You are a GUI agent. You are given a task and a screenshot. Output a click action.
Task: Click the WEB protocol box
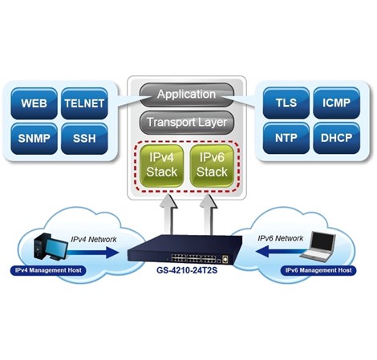click(x=34, y=104)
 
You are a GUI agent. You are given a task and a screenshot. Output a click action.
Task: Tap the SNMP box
click(x=34, y=139)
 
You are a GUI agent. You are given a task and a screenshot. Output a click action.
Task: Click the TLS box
click(x=286, y=104)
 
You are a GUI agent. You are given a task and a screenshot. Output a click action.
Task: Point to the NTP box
click(x=286, y=139)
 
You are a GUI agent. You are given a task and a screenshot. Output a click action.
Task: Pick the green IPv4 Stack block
click(x=163, y=166)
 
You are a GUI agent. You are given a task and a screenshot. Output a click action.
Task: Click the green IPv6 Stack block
click(x=212, y=166)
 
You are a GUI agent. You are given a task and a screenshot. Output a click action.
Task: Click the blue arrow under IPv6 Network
click(x=280, y=249)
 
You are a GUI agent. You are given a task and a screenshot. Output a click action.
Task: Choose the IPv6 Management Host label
click(x=319, y=271)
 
